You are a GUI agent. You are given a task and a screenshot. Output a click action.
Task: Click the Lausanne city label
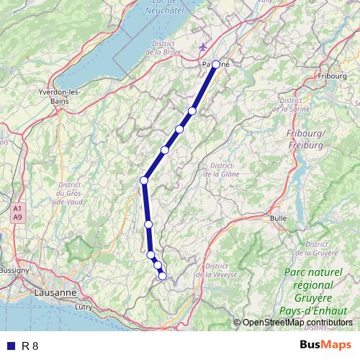point(55,294)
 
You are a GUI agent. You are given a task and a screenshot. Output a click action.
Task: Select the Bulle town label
point(278,217)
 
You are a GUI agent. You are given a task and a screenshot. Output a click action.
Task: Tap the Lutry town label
point(84,307)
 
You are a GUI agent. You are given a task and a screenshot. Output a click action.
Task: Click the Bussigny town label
point(13,270)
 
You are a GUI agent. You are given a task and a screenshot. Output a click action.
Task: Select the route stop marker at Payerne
point(216,64)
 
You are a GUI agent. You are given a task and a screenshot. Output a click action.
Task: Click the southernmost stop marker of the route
point(163,276)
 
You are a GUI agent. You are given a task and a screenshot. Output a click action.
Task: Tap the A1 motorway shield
point(17,208)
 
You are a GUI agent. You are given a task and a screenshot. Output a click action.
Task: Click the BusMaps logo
point(325,346)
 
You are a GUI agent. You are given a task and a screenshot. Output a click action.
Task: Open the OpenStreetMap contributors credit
point(297,323)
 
